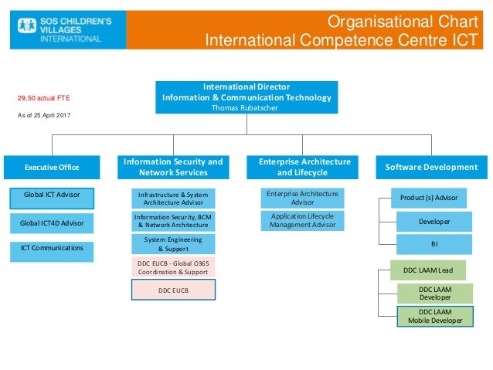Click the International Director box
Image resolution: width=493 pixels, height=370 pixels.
point(246,97)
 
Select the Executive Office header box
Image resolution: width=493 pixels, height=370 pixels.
point(52,167)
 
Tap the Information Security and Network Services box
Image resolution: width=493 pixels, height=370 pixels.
point(173,167)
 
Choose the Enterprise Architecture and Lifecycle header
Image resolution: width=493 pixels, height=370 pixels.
point(304,167)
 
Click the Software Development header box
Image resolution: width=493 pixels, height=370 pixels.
point(430,167)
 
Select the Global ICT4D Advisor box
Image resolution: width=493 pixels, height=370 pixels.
point(52,224)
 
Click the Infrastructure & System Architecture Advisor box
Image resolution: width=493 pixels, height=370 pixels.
point(173,198)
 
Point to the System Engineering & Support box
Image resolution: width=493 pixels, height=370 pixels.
point(173,244)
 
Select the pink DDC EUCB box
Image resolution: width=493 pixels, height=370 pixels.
point(173,290)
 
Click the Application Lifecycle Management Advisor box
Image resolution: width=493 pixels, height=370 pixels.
point(302,221)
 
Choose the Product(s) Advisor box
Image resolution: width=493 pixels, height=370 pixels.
point(428,198)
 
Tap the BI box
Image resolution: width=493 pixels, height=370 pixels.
point(433,244)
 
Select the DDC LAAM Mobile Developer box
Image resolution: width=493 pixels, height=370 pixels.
point(434,316)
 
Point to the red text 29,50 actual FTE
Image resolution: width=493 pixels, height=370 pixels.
point(44,99)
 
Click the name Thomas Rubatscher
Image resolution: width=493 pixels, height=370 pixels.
point(246,107)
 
